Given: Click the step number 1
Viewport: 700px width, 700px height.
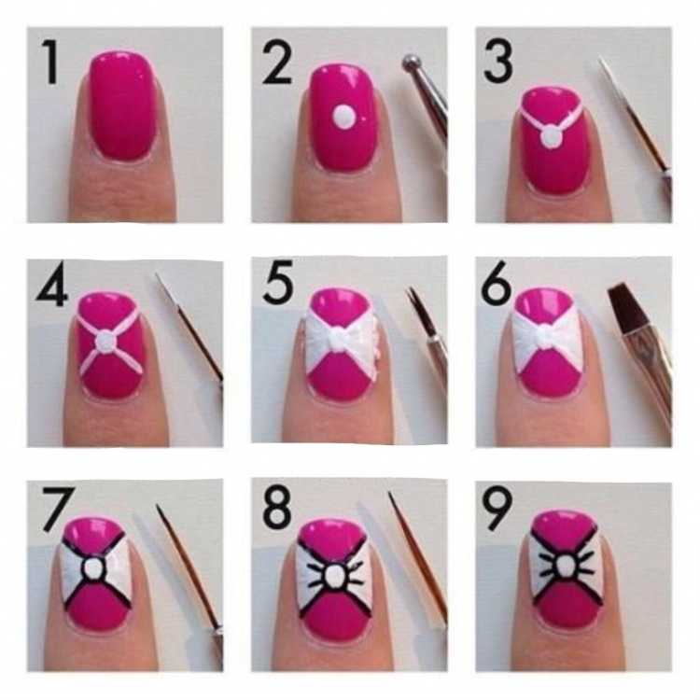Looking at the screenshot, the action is pos(51,63).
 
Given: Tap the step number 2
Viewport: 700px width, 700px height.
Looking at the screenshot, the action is pos(277,63).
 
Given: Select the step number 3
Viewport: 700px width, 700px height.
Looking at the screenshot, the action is pos(497,63).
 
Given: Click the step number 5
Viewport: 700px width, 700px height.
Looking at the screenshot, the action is pos(278,282).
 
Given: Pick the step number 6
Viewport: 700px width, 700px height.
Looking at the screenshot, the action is pos(496,283).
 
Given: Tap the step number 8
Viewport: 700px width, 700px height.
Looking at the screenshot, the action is pos(278,507).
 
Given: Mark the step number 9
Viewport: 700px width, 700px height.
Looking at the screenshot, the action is pos(497,509).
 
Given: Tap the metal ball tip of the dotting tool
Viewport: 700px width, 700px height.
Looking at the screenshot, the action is pos(411,63).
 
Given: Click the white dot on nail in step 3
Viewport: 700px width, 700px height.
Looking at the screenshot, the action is pos(552,136).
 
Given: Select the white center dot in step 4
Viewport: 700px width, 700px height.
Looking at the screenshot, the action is pos(105,342).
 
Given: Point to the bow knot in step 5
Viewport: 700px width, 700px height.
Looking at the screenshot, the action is pos(341,340).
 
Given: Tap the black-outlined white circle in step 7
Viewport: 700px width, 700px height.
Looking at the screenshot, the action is pos(92,568).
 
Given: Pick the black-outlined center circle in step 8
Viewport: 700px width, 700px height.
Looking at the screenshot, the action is pos(333,577).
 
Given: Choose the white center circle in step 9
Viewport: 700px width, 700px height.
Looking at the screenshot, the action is pos(565,567).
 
